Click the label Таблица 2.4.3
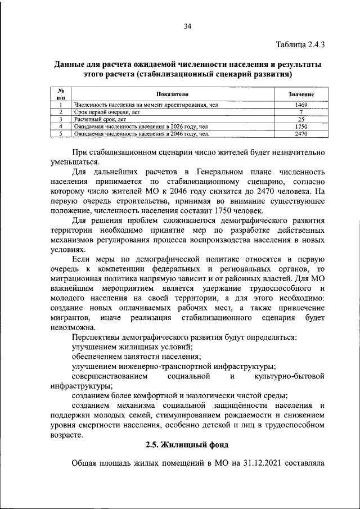tap(300, 43)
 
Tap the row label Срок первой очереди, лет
tap(107, 112)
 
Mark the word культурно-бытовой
tap(289, 375)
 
